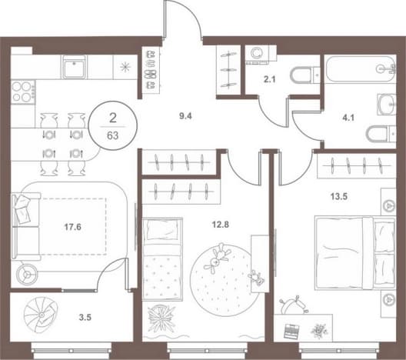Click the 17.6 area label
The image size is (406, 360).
(72, 227)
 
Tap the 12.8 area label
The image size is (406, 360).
(221, 225)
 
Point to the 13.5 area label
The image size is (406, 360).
(338, 197)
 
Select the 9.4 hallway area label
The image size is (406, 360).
(185, 116)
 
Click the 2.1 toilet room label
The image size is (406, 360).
(270, 79)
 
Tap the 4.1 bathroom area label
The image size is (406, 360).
(348, 118)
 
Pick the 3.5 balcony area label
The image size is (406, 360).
(85, 317)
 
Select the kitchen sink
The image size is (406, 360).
(74, 67)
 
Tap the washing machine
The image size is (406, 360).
(257, 54)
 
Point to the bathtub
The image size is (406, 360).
(361, 69)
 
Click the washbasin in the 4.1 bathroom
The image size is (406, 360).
(387, 105)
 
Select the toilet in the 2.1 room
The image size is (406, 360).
(305, 75)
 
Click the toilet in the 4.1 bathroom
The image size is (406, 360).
(381, 134)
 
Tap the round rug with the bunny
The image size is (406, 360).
(225, 280)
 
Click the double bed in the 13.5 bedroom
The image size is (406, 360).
(355, 254)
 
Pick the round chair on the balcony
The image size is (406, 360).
(41, 315)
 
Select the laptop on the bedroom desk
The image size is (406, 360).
(290, 331)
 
